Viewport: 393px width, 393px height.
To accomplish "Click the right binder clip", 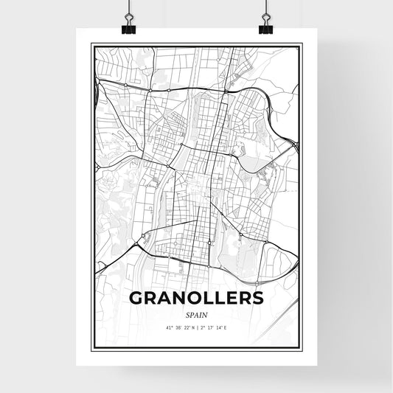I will [x=265, y=28].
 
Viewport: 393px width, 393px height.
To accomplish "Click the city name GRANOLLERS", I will [x=196, y=299].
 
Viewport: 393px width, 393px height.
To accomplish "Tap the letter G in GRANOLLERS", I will [x=137, y=299].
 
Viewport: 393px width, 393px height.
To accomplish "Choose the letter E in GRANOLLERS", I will [x=230, y=299].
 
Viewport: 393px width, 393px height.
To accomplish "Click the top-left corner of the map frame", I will [x=91, y=45].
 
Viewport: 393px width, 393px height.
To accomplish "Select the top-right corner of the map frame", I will [x=302, y=45].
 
